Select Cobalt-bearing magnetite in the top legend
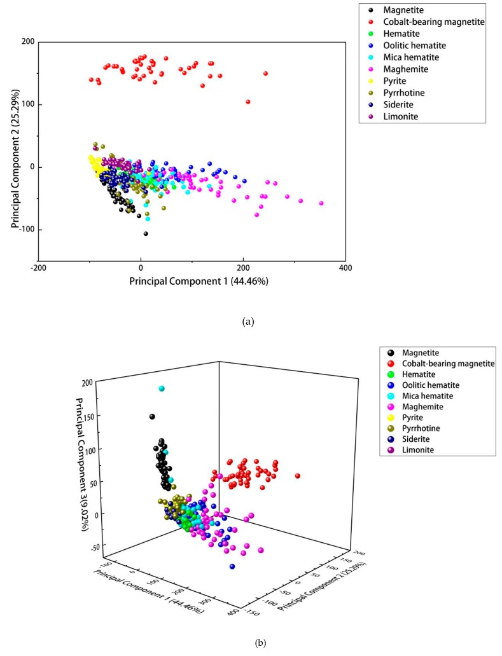tap(433, 22)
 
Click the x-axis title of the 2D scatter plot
tap(199, 280)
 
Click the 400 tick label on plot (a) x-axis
tap(345, 268)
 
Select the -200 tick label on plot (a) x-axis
tap(38, 268)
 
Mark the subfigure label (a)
tap(248, 322)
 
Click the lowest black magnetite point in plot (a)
tap(146, 233)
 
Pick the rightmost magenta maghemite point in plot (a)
tap(321, 203)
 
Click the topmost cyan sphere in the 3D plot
tap(162, 388)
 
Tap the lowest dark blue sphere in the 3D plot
tap(232, 566)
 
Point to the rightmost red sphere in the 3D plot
tap(297, 475)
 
